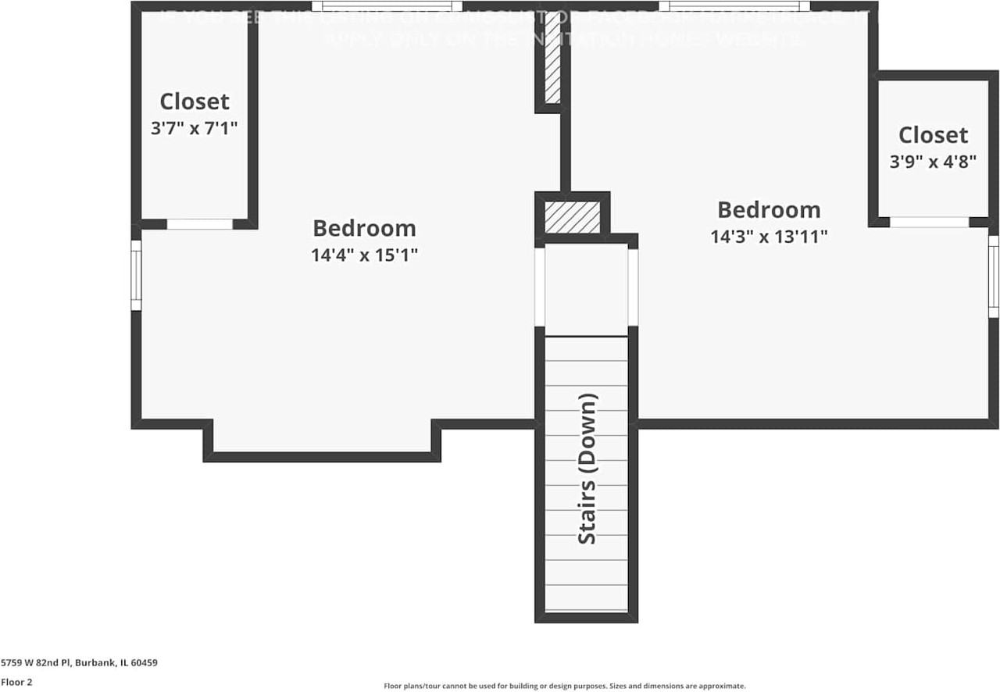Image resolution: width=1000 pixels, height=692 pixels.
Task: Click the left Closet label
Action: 195,102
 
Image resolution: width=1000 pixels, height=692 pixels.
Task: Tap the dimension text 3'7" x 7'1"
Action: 195,127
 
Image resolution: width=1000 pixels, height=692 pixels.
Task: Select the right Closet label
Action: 933,135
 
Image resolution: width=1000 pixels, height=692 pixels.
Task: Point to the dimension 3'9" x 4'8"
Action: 933,162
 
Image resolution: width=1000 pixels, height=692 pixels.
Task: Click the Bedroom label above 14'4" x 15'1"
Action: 364,228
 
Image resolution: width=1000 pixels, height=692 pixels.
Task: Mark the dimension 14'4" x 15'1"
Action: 364,255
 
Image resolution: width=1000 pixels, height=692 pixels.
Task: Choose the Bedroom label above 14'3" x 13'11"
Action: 769,209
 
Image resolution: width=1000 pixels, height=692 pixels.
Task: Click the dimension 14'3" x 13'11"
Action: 769,236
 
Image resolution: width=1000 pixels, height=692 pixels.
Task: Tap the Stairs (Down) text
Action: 587,469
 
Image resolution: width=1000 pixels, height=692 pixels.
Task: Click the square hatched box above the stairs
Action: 573,217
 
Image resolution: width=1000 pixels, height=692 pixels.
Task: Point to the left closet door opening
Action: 200,224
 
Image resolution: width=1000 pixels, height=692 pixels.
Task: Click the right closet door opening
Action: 930,222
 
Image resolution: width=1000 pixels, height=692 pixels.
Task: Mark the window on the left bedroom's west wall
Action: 136,276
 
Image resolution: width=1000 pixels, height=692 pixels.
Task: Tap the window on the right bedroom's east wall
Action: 994,276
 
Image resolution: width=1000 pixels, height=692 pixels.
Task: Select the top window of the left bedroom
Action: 387,6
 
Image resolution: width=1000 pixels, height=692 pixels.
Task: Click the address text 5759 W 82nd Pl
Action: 79,663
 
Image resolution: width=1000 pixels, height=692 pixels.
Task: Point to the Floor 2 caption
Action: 16,682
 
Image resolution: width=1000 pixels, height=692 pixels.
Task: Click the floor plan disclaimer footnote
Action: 564,687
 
